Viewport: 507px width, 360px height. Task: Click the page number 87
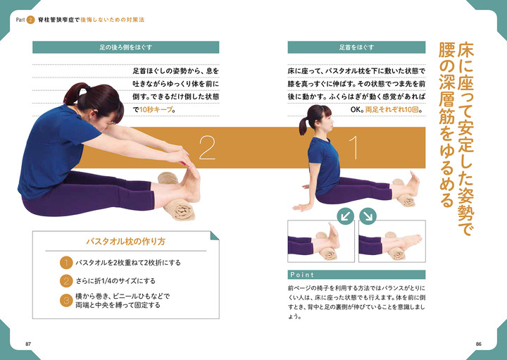[x=28, y=343]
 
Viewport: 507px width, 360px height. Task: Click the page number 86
[x=478, y=343]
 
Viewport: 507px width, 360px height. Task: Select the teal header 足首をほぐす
[x=356, y=49]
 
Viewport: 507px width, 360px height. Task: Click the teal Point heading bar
[x=356, y=274]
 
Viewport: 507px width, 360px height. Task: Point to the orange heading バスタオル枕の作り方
[x=126, y=241]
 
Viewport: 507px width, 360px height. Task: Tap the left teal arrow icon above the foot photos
[x=346, y=214]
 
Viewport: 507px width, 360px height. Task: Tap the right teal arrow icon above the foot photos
[x=368, y=214]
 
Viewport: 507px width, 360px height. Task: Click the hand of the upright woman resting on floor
[x=302, y=207]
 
